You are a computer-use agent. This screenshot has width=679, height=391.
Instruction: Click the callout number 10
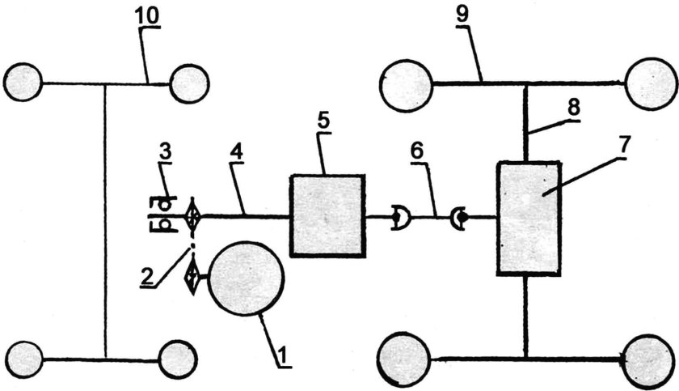click(146, 15)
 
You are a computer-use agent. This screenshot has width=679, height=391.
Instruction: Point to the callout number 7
click(624, 147)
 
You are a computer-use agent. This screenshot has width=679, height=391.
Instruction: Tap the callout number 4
click(236, 151)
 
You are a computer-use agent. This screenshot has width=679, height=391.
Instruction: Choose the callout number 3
click(165, 151)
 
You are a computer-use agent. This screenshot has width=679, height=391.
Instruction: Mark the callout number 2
click(147, 274)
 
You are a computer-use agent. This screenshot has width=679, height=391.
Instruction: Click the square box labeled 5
click(327, 215)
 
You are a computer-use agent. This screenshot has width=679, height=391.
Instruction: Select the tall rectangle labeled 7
click(529, 218)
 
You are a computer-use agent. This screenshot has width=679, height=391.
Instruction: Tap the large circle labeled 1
click(246, 278)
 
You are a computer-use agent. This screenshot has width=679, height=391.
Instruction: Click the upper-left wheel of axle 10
click(23, 83)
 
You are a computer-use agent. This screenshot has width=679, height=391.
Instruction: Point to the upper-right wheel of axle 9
click(652, 83)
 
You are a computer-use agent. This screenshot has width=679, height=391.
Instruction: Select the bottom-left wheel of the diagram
click(25, 359)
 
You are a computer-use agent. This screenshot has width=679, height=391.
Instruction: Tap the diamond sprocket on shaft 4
click(192, 215)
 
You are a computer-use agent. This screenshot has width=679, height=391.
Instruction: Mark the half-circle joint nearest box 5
click(401, 217)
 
